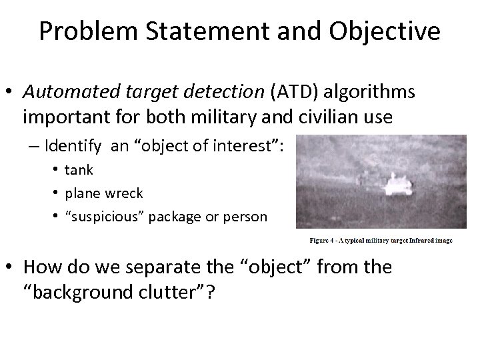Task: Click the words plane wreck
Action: click(x=103, y=193)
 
